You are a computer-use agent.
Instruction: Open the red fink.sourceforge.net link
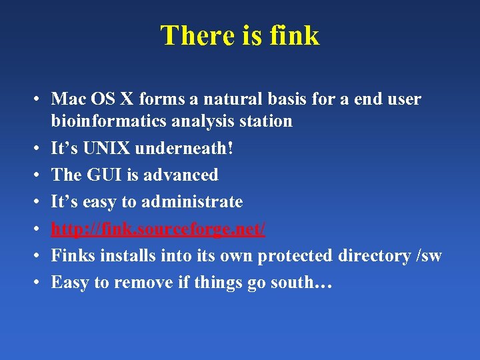pos(159,229)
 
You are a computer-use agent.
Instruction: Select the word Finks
pos(72,256)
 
